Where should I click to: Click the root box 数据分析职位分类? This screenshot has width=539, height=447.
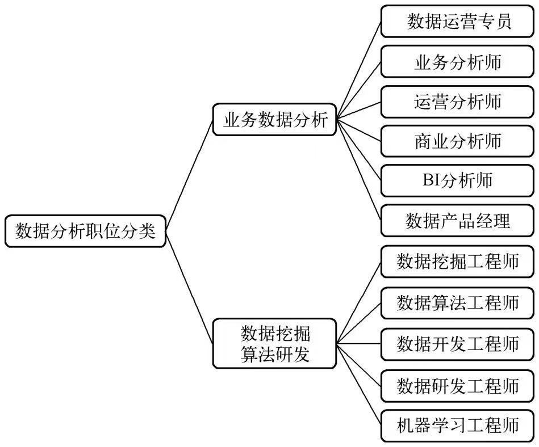(x=85, y=231)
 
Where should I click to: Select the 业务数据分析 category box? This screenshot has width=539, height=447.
(x=275, y=120)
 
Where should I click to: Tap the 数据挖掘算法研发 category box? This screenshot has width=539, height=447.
(x=275, y=343)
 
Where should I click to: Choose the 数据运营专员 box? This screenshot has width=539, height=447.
(x=458, y=22)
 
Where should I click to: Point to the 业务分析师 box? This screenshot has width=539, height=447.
(x=458, y=61)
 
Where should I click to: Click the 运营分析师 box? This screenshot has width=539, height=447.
(x=458, y=101)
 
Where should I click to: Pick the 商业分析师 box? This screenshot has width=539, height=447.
(x=458, y=141)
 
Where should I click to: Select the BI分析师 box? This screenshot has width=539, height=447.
(x=458, y=180)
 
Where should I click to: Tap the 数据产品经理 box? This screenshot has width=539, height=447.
(x=458, y=220)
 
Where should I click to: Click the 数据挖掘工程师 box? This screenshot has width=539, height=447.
(x=458, y=262)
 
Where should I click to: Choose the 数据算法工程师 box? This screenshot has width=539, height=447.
(x=458, y=302)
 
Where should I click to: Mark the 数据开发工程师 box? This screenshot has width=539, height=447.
(x=458, y=343)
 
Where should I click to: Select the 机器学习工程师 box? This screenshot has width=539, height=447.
(x=458, y=425)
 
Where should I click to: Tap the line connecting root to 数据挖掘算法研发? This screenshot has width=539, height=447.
(x=190, y=287)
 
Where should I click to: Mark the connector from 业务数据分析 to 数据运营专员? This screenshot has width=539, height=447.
(x=359, y=70)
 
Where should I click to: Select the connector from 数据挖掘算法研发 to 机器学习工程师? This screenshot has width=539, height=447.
(x=359, y=385)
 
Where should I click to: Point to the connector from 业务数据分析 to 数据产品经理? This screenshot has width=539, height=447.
(x=359, y=170)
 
